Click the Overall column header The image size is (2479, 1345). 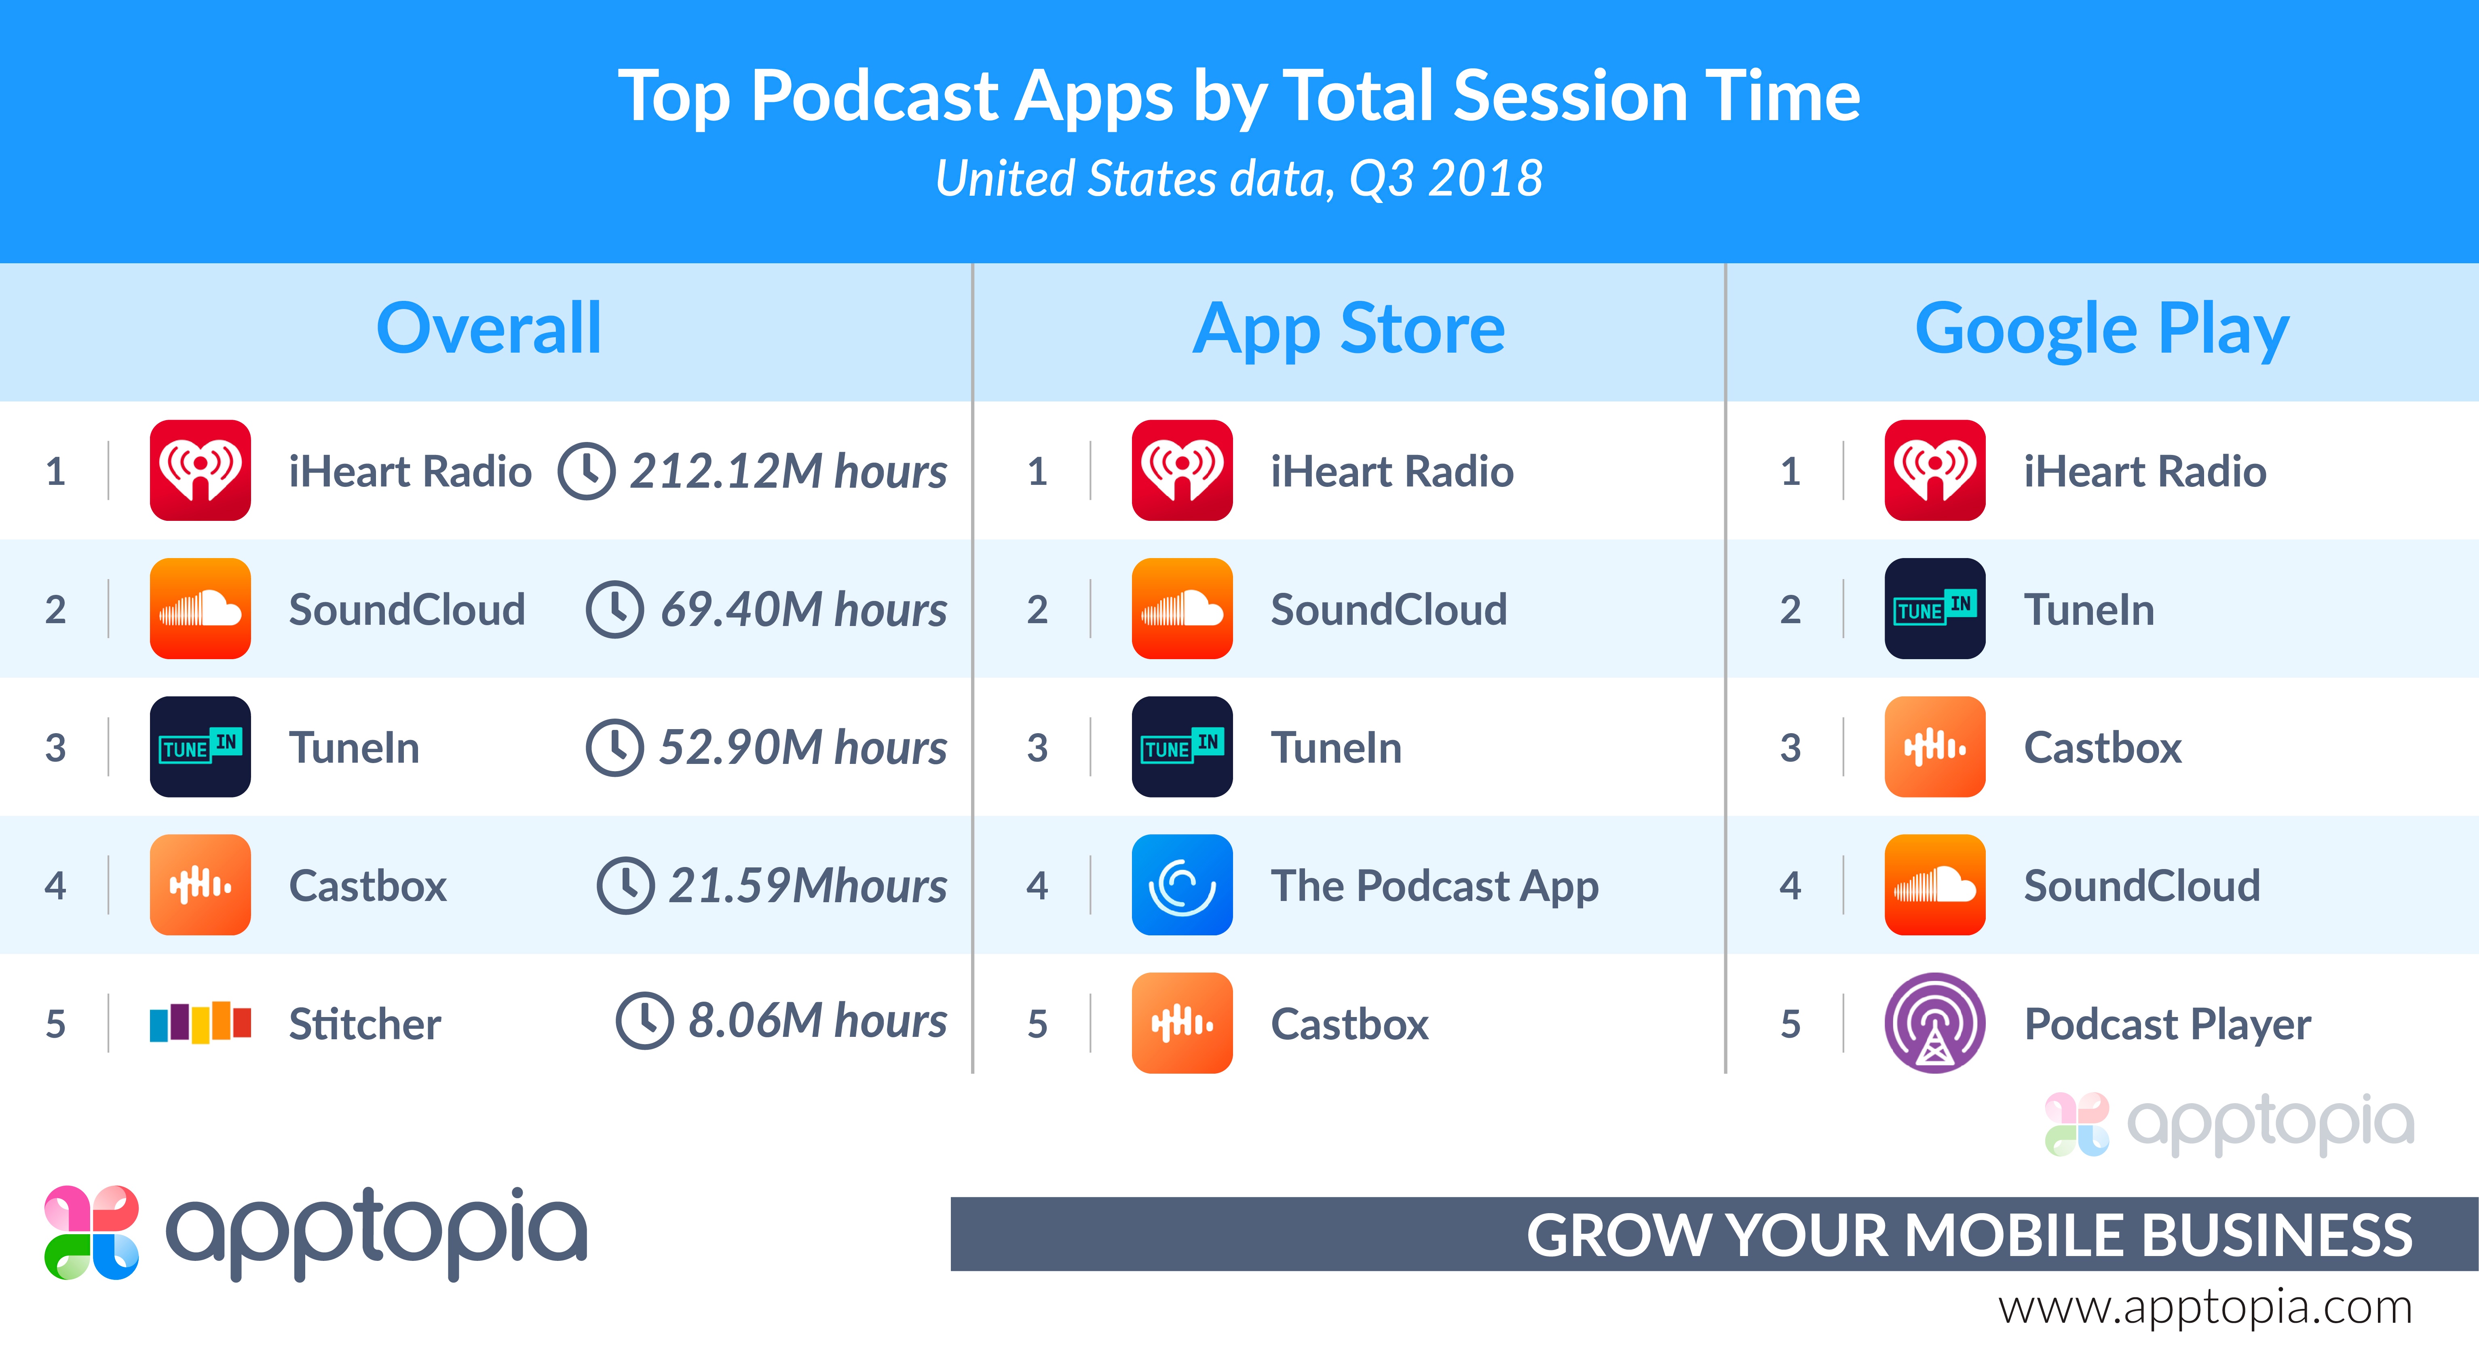pos(489,329)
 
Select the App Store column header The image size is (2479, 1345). pos(1348,329)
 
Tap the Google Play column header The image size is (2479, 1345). pos(2102,329)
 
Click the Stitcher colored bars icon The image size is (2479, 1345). pos(200,1022)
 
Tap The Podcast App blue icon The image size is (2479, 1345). pos(1182,885)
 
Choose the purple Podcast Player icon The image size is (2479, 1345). pos(1934,1022)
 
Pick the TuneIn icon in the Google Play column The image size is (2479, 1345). pos(1934,609)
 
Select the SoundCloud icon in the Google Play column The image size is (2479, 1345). pos(1934,885)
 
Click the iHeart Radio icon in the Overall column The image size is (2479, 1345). pos(200,471)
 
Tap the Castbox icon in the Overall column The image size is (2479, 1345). pos(200,885)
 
